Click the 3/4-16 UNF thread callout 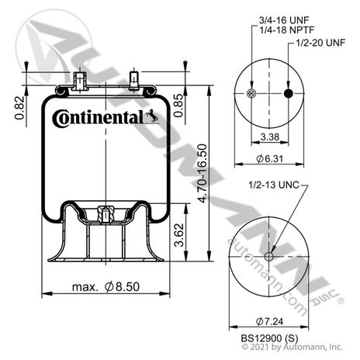tap(284, 20)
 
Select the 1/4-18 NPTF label tap(286, 29)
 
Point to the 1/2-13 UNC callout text tap(274, 185)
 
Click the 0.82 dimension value tap(19, 108)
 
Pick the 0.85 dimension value tap(178, 106)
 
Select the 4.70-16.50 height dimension tap(202, 173)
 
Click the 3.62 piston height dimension tap(179, 235)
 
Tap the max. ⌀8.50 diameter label tap(106, 286)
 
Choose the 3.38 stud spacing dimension tap(270, 137)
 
